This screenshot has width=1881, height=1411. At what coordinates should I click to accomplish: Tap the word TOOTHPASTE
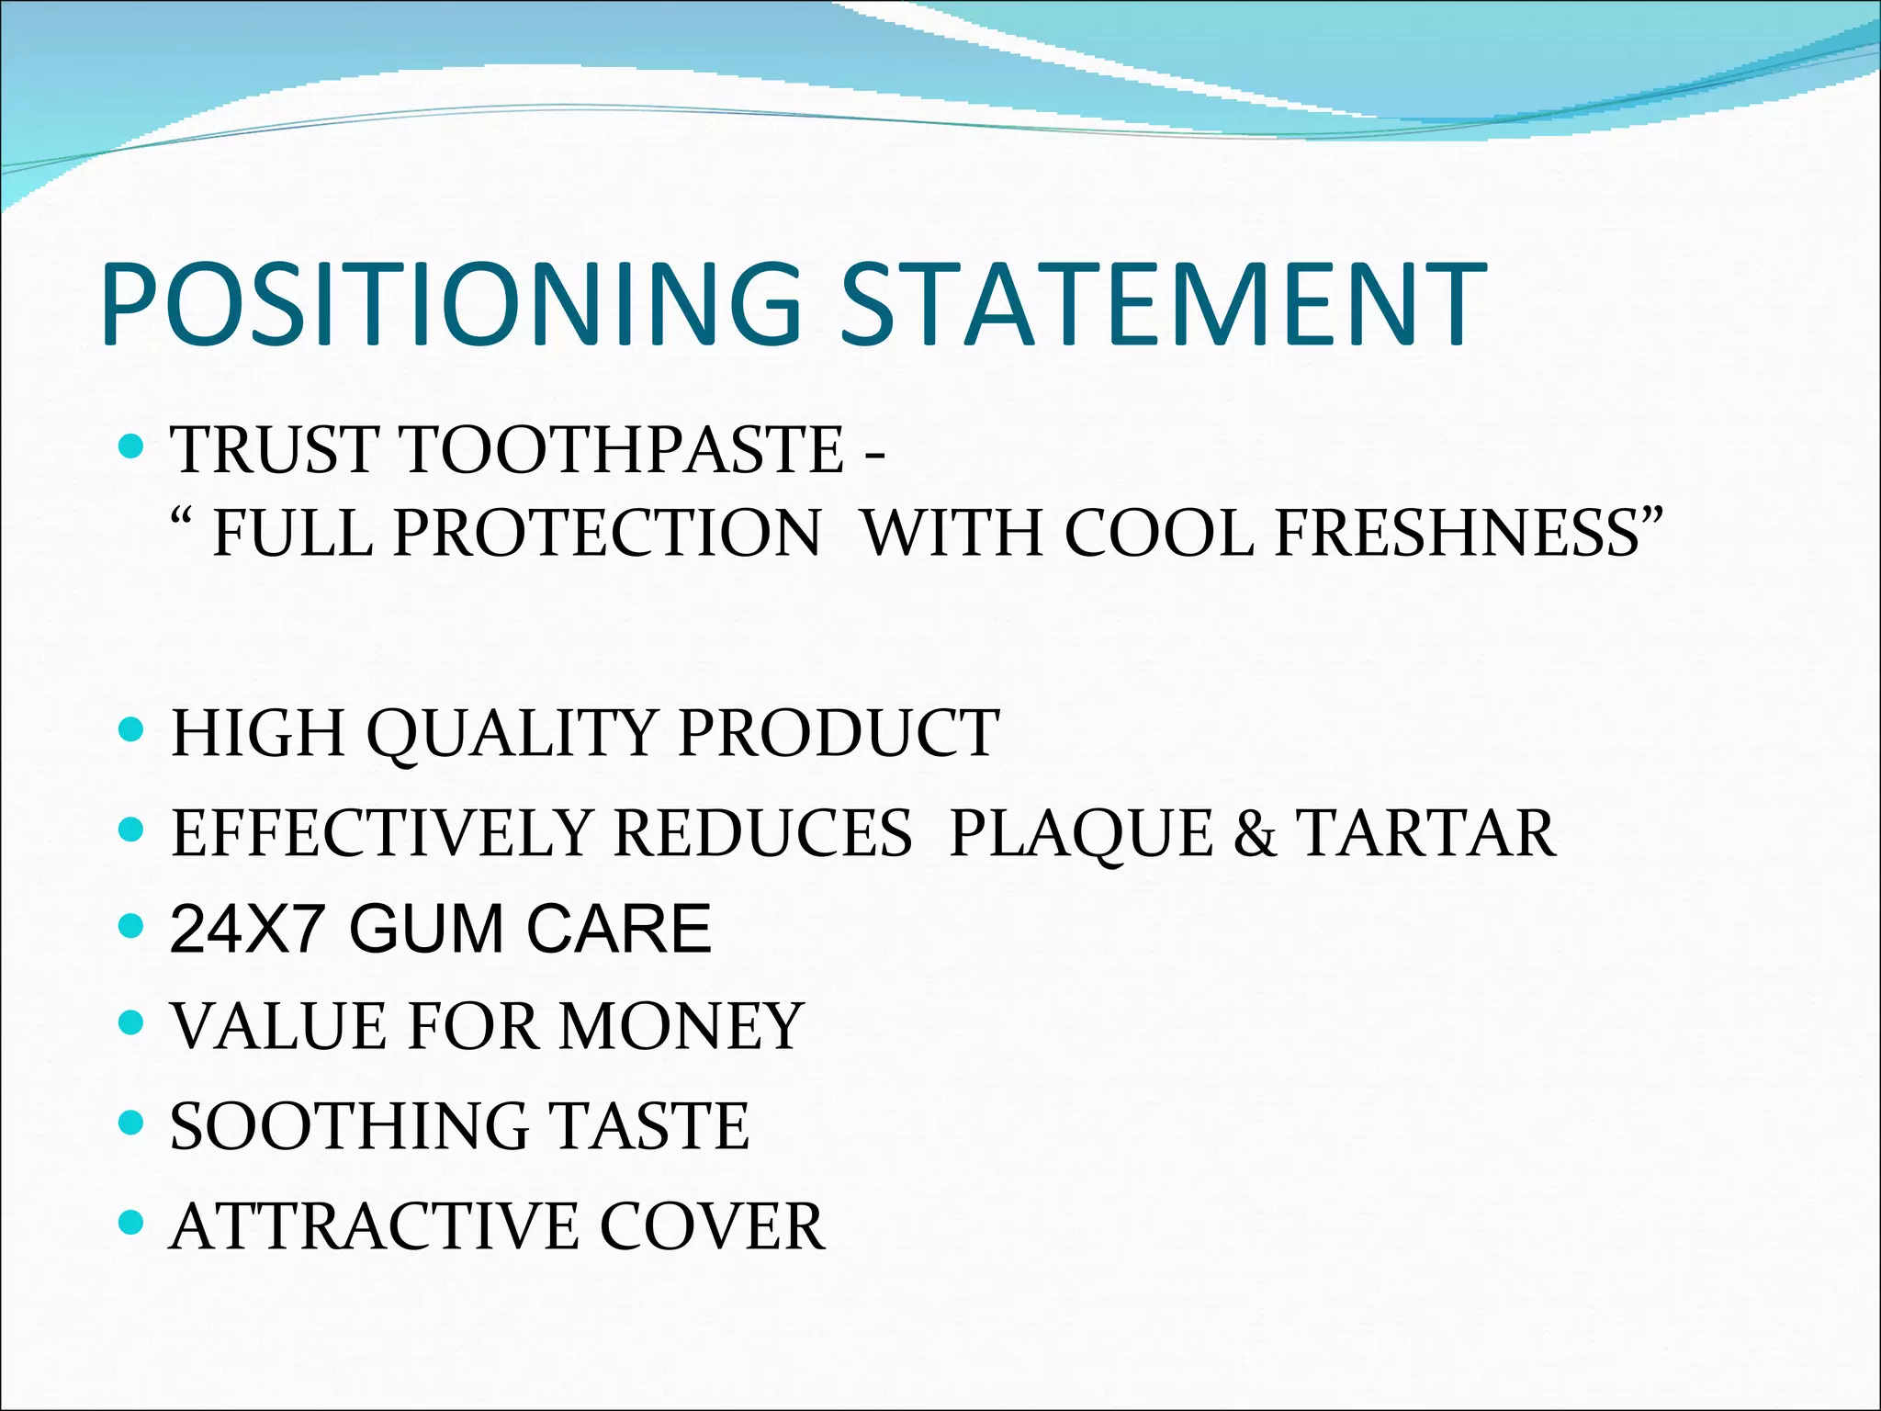[x=622, y=450]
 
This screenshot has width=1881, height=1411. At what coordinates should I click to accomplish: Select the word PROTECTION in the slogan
[x=607, y=533]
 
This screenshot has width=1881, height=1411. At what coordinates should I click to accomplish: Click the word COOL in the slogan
[x=1159, y=533]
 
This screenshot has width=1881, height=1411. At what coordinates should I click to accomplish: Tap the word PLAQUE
[x=1080, y=833]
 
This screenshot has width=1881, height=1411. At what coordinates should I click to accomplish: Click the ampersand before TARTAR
[x=1255, y=833]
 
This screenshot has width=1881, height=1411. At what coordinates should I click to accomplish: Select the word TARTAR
[x=1425, y=833]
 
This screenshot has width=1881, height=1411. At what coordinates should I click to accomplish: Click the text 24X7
[x=246, y=929]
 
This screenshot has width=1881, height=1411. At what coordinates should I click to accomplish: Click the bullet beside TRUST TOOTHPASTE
[x=132, y=447]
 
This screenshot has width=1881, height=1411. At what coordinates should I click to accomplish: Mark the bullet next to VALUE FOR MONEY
[x=132, y=1022]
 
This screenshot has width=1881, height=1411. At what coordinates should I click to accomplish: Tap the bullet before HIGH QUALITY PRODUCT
[x=132, y=730]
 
